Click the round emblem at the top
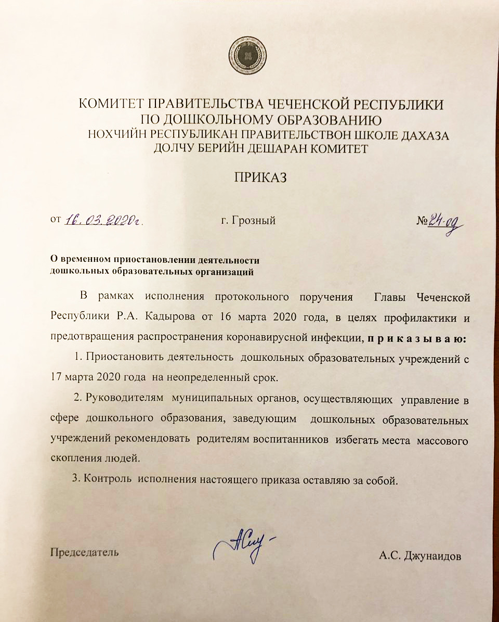248,55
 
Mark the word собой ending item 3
383,480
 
